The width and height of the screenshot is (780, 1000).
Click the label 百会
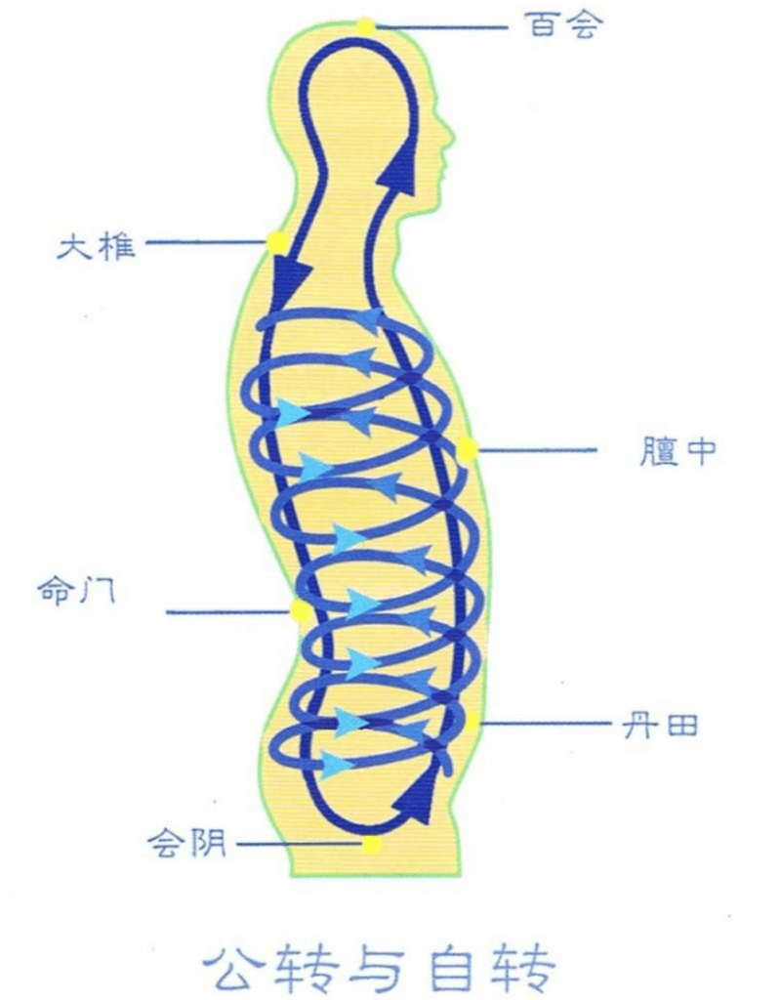pyautogui.click(x=563, y=26)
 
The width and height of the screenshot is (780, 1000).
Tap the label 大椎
pyautogui.click(x=97, y=245)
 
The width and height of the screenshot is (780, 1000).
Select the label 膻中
pyautogui.click(x=677, y=452)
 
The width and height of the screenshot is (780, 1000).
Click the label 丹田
pyautogui.click(x=660, y=726)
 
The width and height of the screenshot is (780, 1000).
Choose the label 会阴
pyautogui.click(x=186, y=843)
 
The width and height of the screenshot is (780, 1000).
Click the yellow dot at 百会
pyautogui.click(x=366, y=26)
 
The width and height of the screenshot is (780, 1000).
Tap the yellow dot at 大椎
pyautogui.click(x=277, y=242)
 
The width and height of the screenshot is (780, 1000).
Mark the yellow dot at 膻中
pyautogui.click(x=468, y=448)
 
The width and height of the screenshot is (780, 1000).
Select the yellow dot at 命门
pyautogui.click(x=300, y=612)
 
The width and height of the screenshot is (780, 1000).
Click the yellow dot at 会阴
pyautogui.click(x=372, y=846)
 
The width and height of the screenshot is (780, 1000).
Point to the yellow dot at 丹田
pyautogui.click(x=471, y=722)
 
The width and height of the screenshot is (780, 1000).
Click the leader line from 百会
pyautogui.click(x=440, y=27)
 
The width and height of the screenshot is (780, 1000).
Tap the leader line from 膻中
pyautogui.click(x=537, y=449)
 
